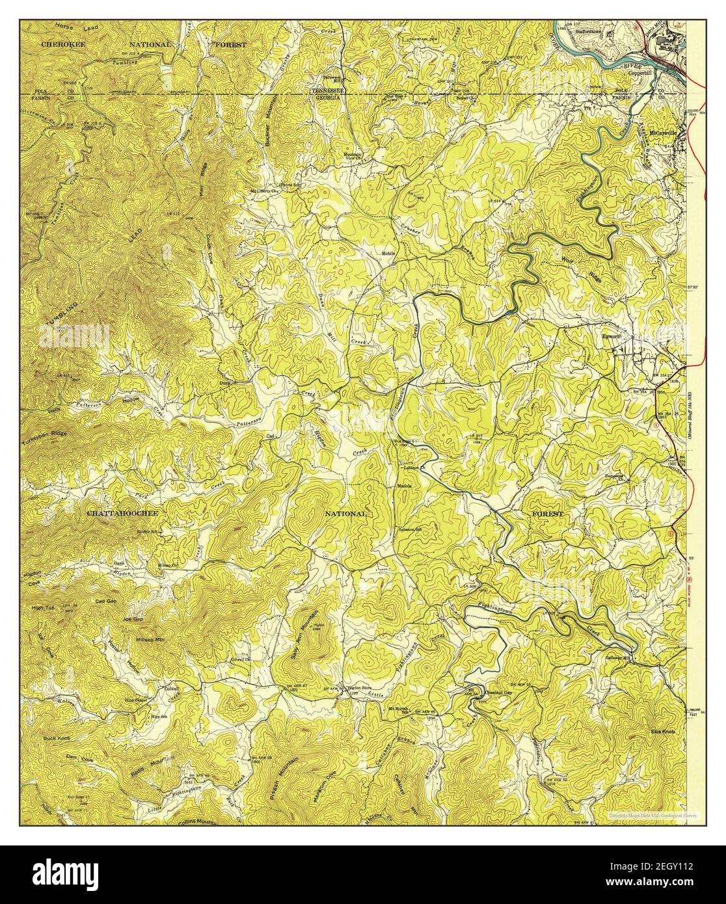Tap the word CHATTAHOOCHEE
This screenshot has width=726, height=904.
[x=122, y=513]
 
